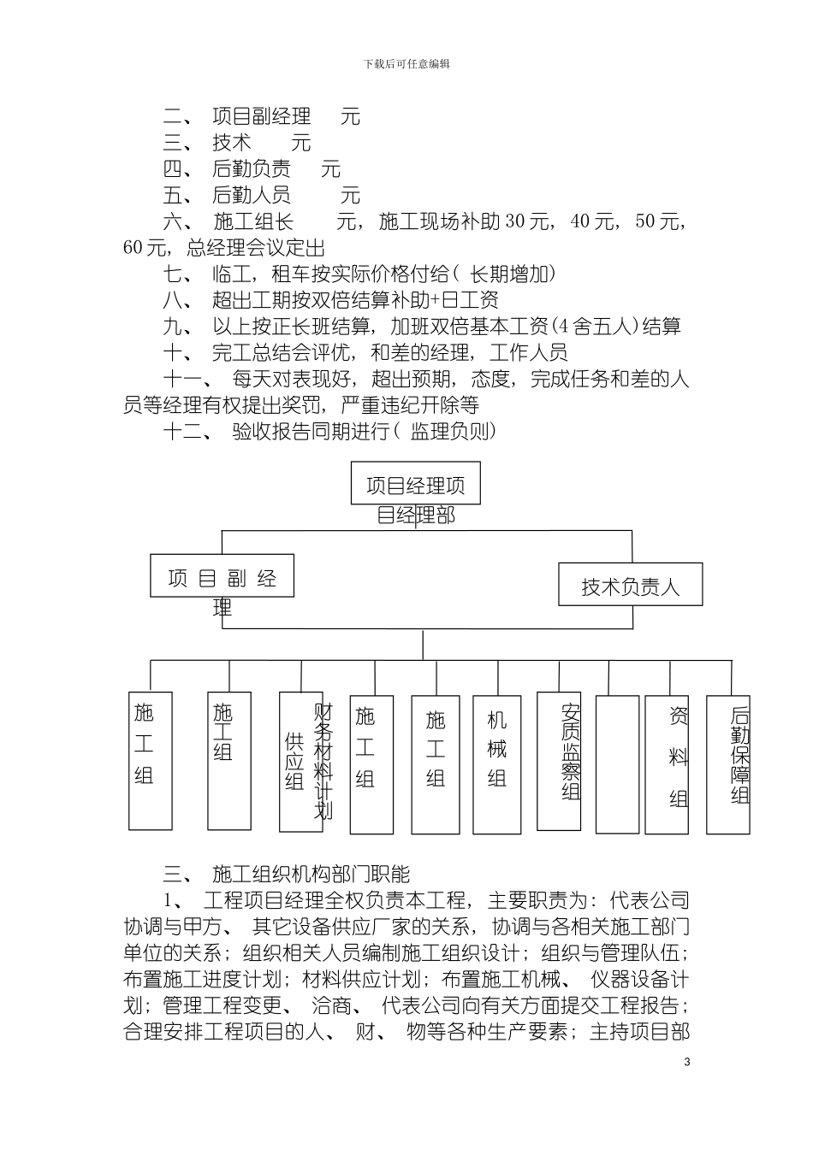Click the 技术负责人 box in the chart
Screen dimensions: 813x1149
[x=631, y=585]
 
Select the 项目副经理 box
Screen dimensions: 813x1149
[x=222, y=576]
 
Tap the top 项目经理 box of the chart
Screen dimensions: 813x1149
[x=415, y=484]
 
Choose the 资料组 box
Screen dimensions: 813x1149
[x=667, y=764]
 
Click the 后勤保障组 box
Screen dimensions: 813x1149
[x=728, y=764]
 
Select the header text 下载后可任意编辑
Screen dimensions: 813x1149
[x=406, y=64]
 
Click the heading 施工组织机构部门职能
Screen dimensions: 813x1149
[x=311, y=874]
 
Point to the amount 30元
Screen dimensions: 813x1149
[x=527, y=222]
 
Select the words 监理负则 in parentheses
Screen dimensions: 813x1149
[x=453, y=432]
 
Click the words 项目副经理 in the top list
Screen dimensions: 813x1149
[x=261, y=116]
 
